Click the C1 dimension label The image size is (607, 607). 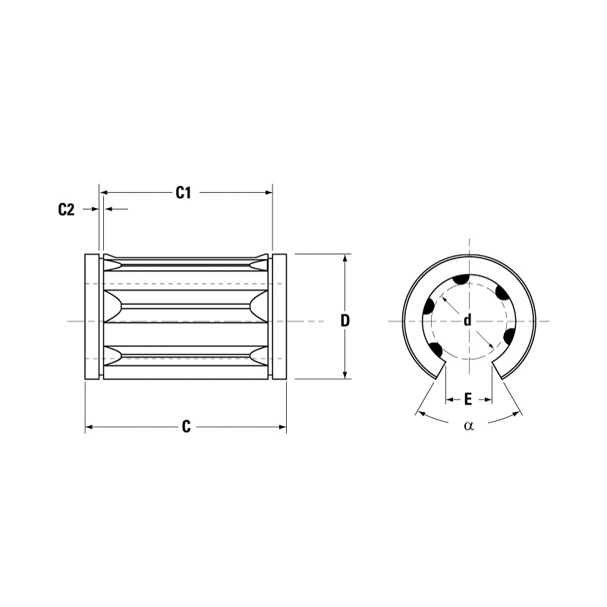click(x=183, y=193)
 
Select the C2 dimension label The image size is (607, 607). click(x=67, y=210)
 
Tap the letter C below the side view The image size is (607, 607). click(x=186, y=427)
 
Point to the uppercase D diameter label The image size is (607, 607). click(x=345, y=320)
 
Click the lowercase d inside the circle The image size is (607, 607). click(x=467, y=320)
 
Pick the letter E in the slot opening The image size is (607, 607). click(x=468, y=398)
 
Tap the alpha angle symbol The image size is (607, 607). click(x=468, y=426)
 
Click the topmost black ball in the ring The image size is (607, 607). click(x=461, y=281)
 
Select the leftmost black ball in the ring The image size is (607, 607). click(x=429, y=307)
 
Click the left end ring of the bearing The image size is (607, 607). click(x=91, y=317)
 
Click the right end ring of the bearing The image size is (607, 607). click(x=279, y=317)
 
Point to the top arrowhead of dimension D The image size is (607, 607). click(x=345, y=258)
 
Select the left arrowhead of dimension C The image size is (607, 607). click(x=89, y=428)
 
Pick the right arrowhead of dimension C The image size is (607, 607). click(x=283, y=428)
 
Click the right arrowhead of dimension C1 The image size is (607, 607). click(x=269, y=193)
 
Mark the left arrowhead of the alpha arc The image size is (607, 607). click(x=419, y=413)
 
